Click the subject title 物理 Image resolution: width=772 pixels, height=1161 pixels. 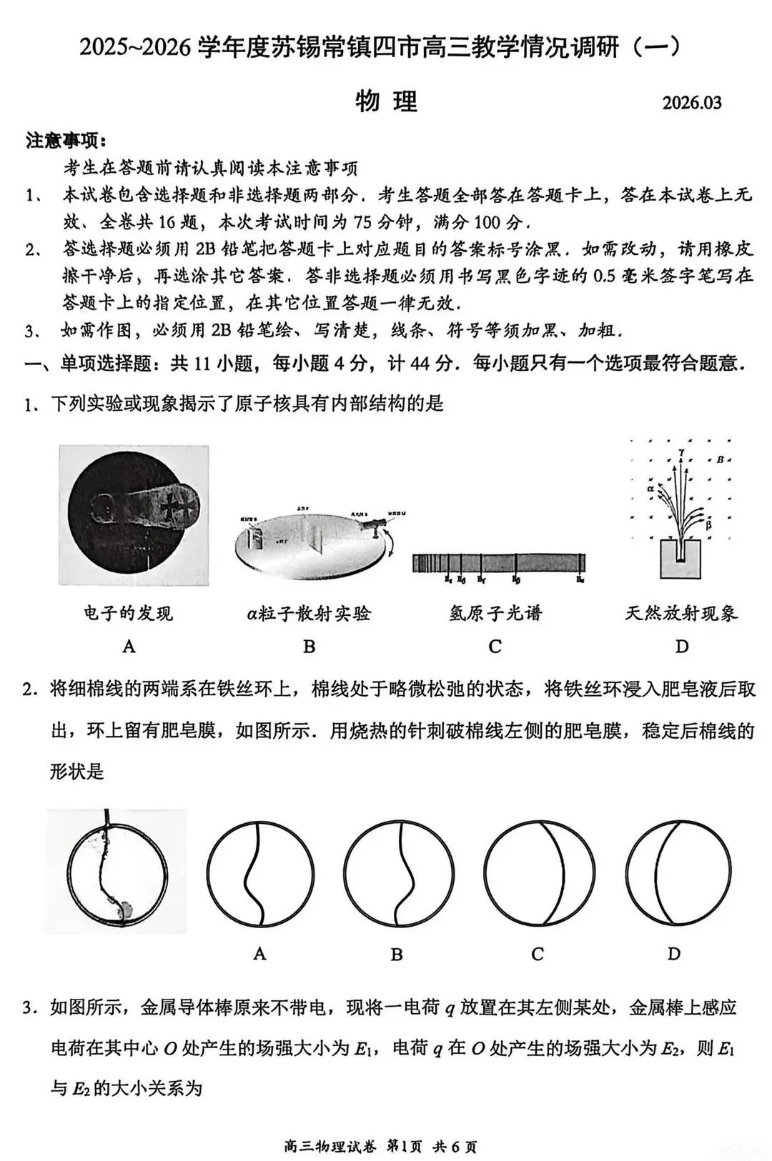(386, 101)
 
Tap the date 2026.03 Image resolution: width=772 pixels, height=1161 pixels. (691, 103)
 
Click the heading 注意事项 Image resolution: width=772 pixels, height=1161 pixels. (66, 140)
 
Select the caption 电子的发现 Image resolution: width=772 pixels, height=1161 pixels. (129, 613)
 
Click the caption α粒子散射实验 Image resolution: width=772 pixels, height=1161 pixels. (309, 613)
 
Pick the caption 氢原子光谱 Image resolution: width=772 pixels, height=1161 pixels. (495, 613)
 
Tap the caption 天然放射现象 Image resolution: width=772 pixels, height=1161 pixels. (681, 613)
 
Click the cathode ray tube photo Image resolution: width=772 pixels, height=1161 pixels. (134, 515)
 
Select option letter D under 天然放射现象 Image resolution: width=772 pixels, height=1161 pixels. (682, 647)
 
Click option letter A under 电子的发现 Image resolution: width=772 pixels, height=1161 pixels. (129, 647)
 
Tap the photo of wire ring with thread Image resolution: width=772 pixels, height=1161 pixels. (116, 871)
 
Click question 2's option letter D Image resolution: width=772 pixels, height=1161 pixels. (674, 954)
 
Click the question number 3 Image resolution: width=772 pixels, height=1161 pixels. (29, 1008)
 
